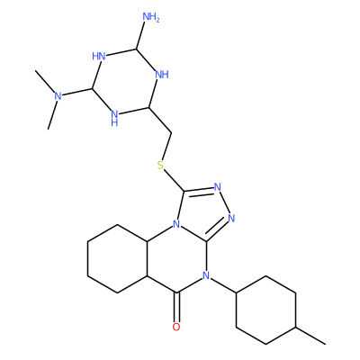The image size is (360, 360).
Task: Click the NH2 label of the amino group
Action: coord(151,17)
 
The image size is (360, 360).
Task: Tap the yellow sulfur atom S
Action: coord(161,165)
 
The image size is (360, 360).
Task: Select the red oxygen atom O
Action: coord(176,327)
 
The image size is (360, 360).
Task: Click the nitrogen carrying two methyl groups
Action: coord(58,96)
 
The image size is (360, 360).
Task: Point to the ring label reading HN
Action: coord(99,56)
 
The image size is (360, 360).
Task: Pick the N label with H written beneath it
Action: coord(114,118)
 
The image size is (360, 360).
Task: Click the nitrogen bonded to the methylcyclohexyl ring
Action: coord(206,275)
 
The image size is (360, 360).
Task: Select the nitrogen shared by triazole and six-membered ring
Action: coord(176,224)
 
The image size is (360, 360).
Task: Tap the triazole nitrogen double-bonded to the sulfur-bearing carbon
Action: coord(218,187)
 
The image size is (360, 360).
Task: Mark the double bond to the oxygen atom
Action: coord(177,307)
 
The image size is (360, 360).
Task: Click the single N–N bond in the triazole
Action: coord(224,202)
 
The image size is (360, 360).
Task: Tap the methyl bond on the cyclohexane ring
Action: coord(310,336)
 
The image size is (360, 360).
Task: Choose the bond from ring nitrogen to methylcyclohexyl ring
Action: coord(223,284)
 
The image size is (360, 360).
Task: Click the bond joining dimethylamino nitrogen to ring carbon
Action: coord(77,93)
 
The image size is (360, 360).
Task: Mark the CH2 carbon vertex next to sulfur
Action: coord(172,132)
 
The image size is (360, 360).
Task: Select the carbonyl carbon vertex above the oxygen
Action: coord(177,292)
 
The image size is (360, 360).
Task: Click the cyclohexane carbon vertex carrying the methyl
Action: coord(296,327)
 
